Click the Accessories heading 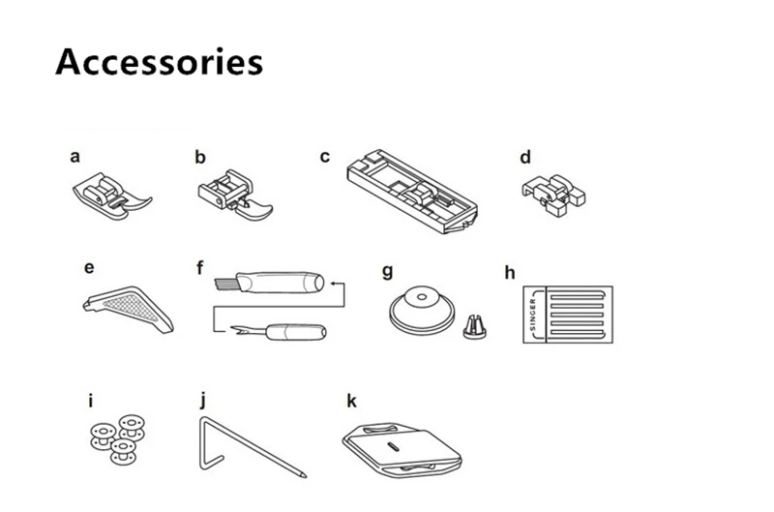point(159,61)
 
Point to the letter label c point(325,156)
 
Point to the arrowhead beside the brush point(332,283)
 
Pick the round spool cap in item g point(422,311)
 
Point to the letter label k point(351,400)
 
